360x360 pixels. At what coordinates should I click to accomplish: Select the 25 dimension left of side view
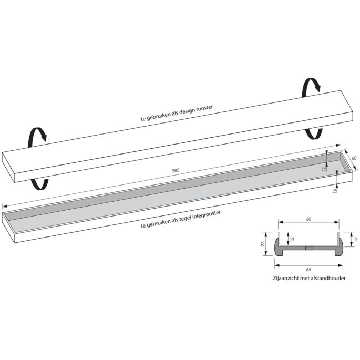[262, 244]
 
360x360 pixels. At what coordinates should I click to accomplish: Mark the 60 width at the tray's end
[354, 158]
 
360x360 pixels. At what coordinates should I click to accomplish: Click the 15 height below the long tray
[335, 190]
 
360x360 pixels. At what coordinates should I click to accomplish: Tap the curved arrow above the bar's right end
[311, 87]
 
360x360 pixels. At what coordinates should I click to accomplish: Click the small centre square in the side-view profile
[311, 249]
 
